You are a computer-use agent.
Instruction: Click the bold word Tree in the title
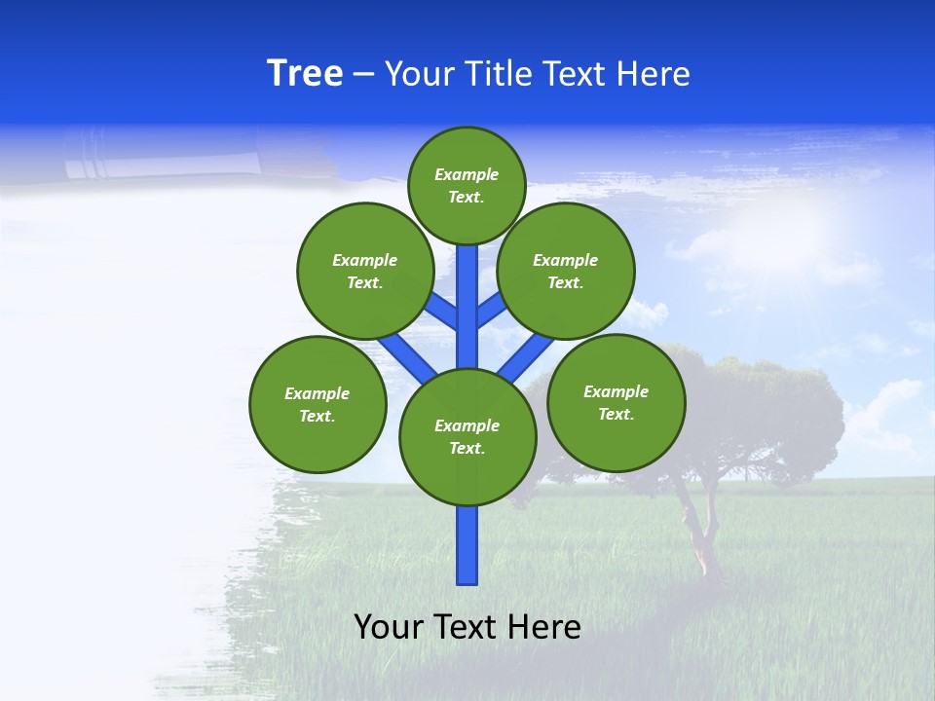tap(305, 74)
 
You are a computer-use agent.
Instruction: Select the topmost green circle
tap(467, 185)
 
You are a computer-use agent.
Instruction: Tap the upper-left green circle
tap(365, 271)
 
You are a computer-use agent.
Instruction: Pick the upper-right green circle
tap(566, 271)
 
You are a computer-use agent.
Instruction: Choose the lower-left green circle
tap(318, 404)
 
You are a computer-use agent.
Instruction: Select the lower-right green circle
tap(616, 402)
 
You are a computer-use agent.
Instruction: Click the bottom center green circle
tap(467, 437)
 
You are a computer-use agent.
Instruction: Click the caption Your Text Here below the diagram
tap(467, 627)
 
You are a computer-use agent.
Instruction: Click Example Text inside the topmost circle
tap(467, 185)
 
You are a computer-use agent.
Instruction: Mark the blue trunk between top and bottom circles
tap(467, 302)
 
